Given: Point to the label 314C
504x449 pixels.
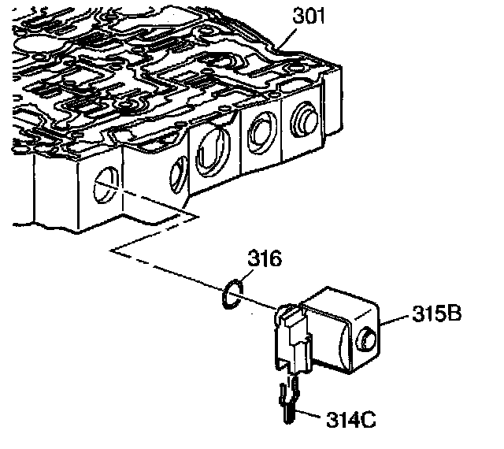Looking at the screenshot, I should click(x=347, y=418).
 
